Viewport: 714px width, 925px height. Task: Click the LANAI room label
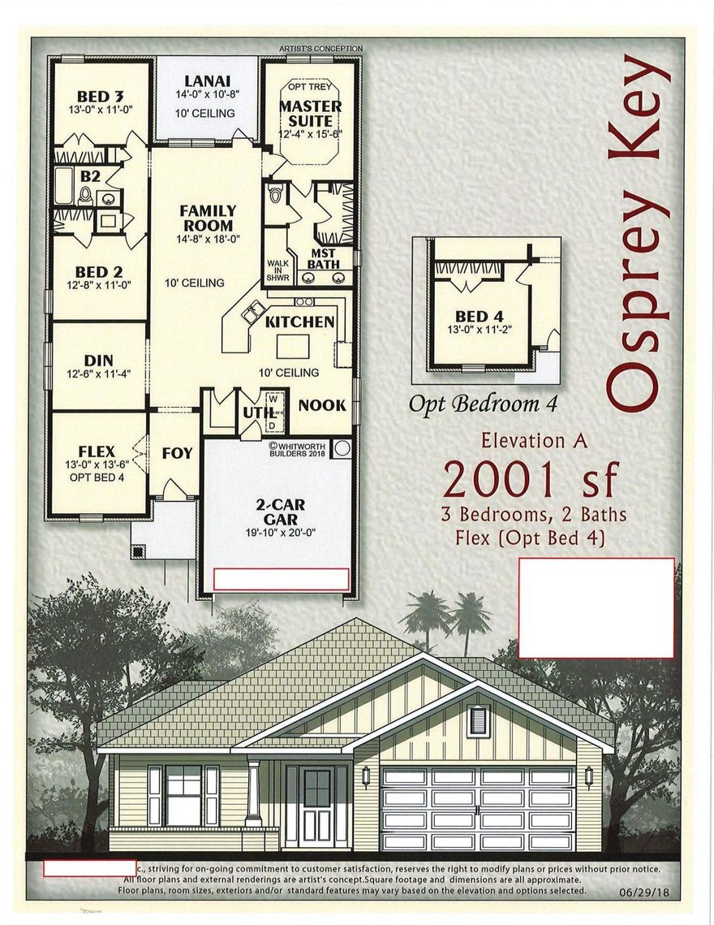click(208, 81)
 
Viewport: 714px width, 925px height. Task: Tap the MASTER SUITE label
click(310, 114)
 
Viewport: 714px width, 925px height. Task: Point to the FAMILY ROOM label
click(208, 218)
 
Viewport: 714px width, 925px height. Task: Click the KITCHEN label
click(300, 322)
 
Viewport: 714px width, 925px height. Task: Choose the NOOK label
click(323, 404)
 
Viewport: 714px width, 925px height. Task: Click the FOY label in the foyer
click(176, 452)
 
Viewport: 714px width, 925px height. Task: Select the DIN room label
click(98, 360)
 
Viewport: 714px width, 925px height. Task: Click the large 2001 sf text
click(531, 480)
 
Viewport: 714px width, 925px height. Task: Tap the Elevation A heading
click(534, 441)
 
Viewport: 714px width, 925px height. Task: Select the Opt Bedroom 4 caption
click(484, 404)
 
